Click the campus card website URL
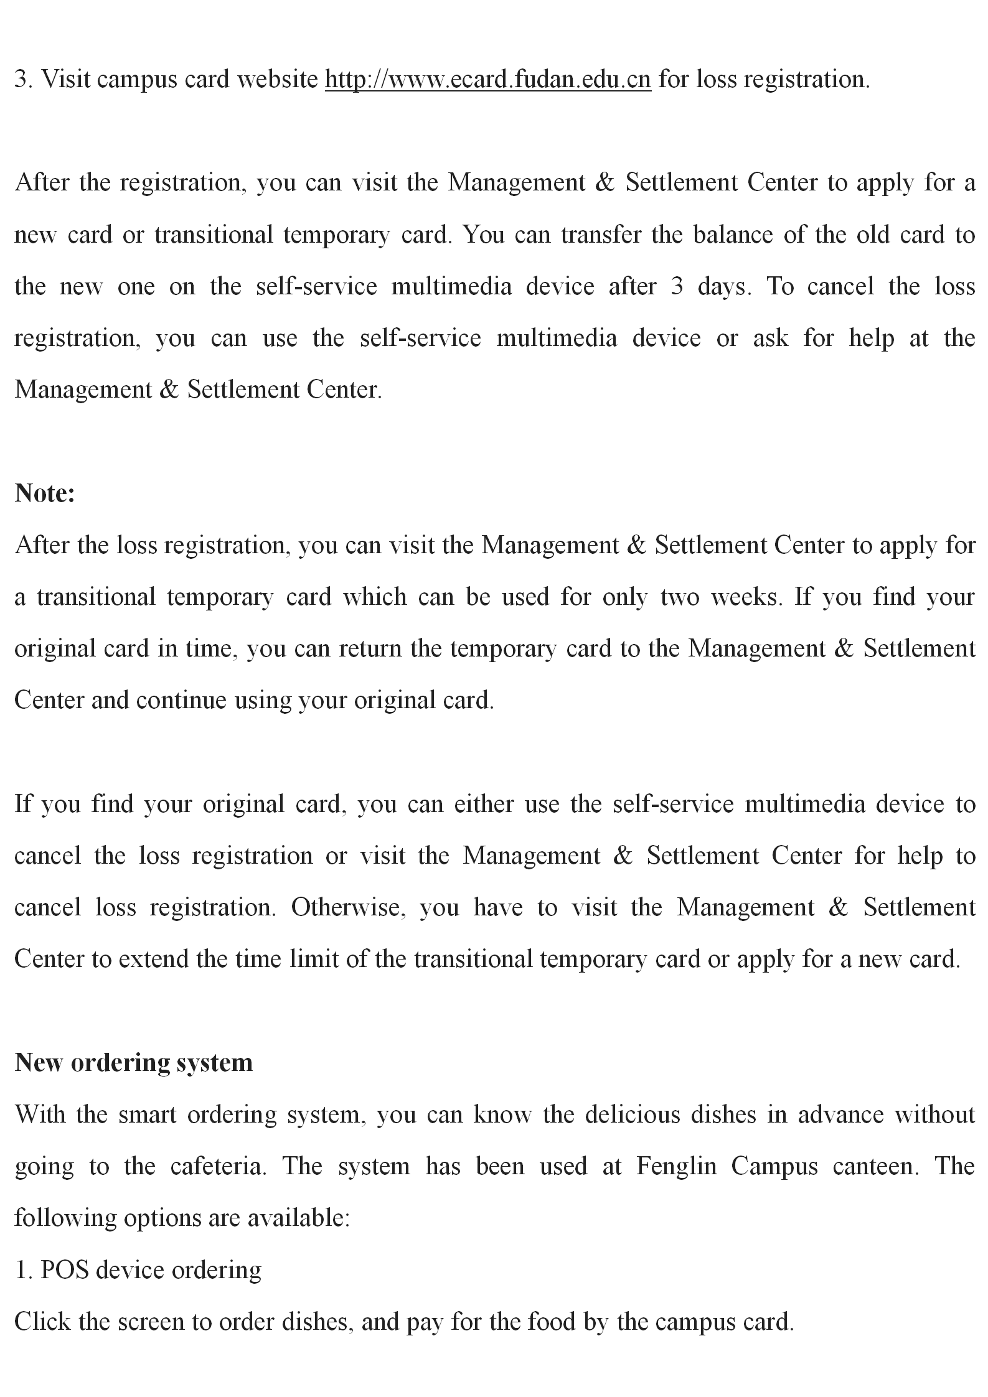click(x=487, y=80)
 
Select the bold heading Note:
click(x=45, y=493)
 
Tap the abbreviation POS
click(x=64, y=1269)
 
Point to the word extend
click(x=154, y=959)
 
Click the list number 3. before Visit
click(x=23, y=80)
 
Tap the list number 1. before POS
click(x=23, y=1269)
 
